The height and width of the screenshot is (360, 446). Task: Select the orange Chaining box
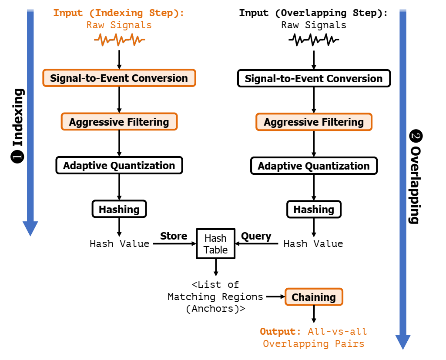pos(314,297)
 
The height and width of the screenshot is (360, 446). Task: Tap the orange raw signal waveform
pos(120,40)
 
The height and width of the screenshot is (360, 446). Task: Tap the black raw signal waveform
pos(314,40)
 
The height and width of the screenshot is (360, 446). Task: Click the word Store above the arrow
pos(174,236)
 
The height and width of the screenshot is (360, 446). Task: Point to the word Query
pos(256,236)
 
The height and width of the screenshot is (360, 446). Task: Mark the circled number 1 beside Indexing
pos(17,157)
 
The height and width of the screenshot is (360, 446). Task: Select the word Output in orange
pos(278,332)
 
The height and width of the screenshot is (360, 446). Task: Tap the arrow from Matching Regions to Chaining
pos(275,297)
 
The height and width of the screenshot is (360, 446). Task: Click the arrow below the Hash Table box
pos(216,267)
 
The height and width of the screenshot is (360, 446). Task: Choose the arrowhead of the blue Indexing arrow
pos(30,228)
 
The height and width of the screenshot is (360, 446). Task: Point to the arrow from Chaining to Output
pos(314,314)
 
